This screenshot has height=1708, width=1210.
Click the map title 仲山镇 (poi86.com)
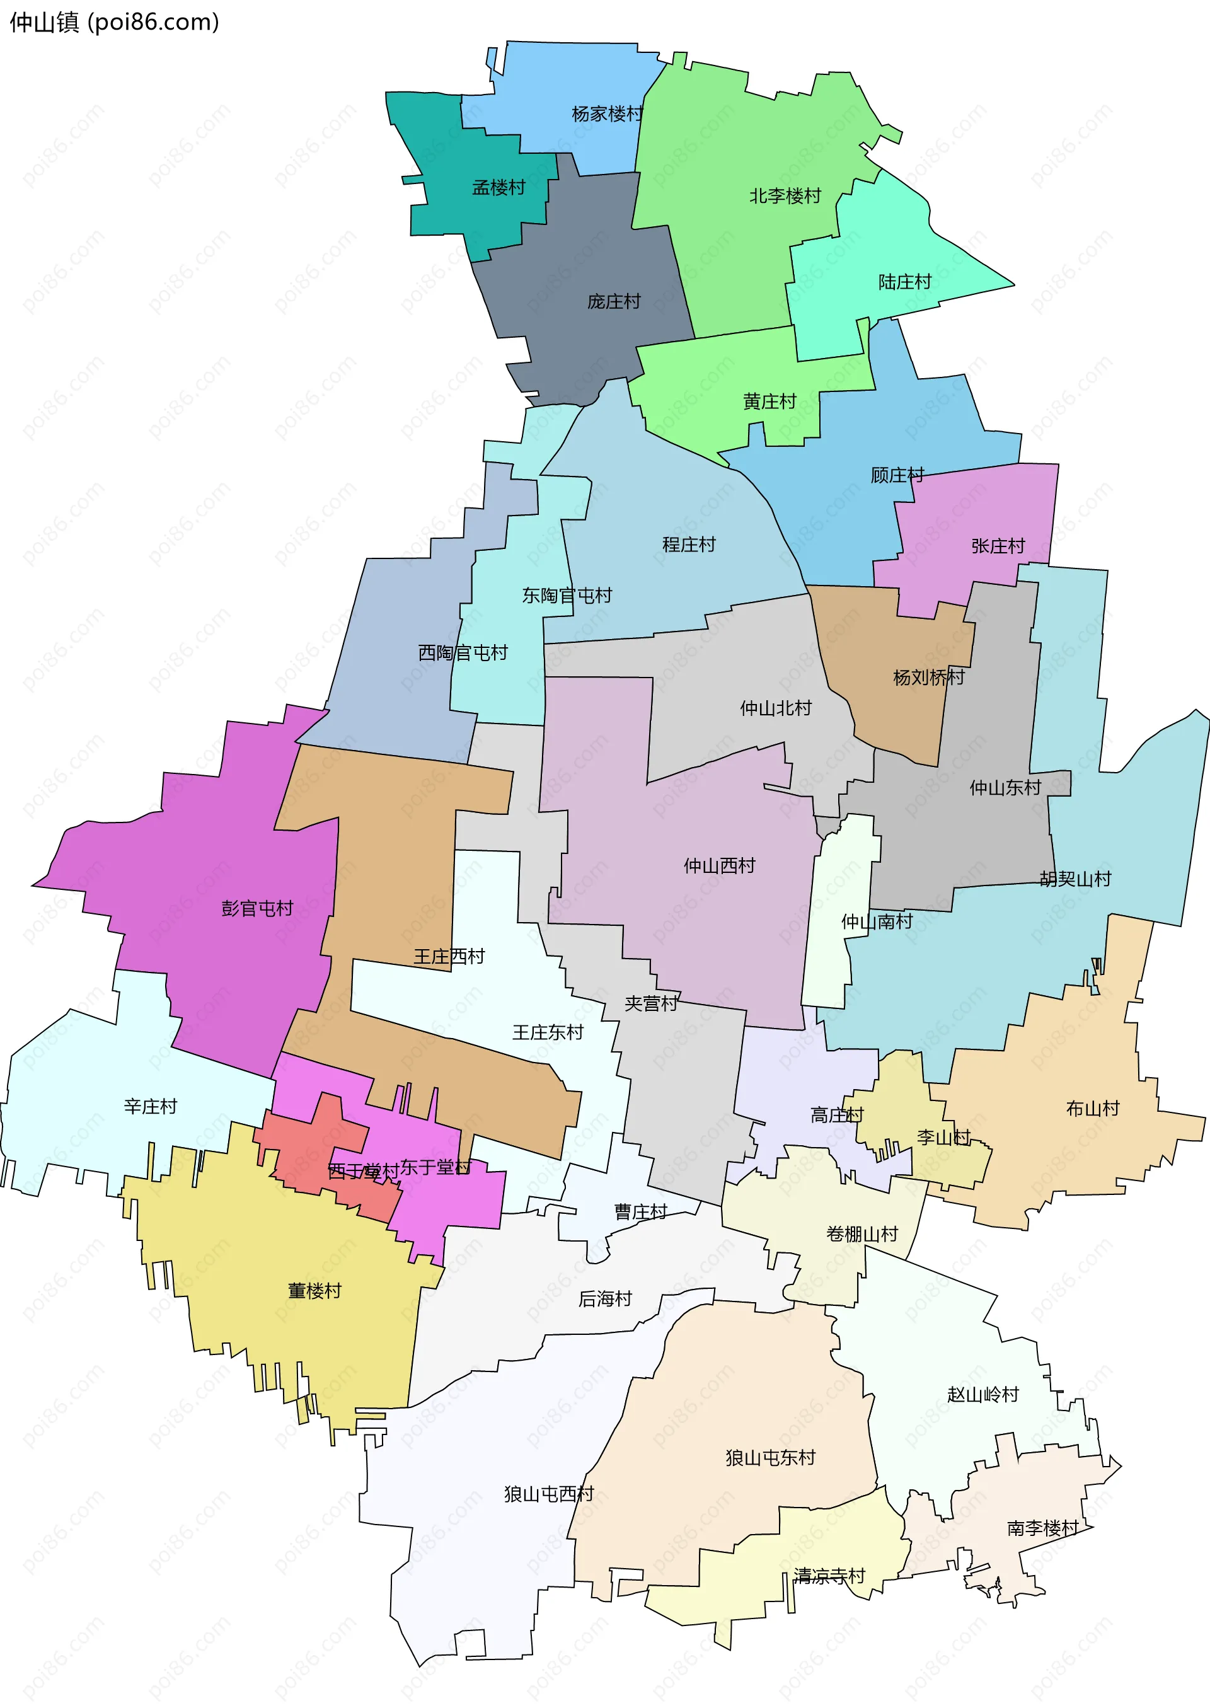click(114, 22)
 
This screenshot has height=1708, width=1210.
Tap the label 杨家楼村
click(606, 114)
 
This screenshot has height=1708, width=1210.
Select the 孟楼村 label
click(498, 188)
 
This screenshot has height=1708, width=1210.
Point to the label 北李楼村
click(785, 196)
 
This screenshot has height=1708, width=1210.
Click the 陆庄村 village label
click(904, 282)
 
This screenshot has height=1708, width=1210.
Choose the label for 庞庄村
click(614, 302)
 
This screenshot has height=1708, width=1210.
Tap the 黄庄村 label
click(769, 401)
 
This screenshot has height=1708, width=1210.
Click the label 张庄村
click(998, 546)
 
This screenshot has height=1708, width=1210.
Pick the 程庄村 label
click(688, 545)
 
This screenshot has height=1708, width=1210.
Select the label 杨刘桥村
click(928, 678)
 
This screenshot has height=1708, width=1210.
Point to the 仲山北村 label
click(775, 708)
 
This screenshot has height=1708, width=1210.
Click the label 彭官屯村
click(257, 908)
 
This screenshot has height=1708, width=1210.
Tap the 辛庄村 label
click(151, 1107)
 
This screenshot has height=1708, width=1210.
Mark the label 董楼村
click(314, 1291)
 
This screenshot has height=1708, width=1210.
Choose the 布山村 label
click(1092, 1109)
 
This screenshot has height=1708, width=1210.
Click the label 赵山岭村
click(982, 1394)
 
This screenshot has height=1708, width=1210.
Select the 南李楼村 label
click(1042, 1528)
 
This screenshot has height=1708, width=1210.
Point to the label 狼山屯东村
click(770, 1457)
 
